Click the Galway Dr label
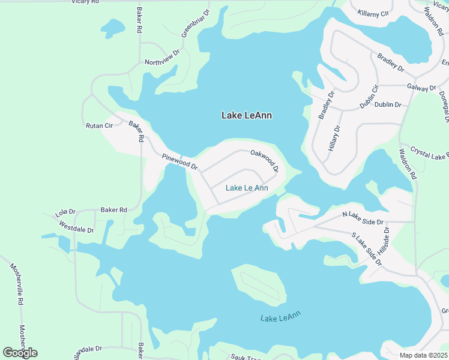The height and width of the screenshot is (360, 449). [x=421, y=88]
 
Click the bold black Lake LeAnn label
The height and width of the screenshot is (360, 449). [x=247, y=115]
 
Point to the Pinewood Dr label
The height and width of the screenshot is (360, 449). [x=179, y=161]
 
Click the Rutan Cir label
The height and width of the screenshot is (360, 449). [x=100, y=125]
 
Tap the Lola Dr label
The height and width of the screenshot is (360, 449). [x=65, y=212]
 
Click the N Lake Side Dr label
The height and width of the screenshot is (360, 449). [x=363, y=218]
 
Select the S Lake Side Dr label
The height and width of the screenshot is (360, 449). [x=367, y=248]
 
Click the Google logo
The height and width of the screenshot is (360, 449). [x=20, y=353]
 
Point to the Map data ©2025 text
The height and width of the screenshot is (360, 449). [x=423, y=355]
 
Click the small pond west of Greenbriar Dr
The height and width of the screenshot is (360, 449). [x=112, y=27]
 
